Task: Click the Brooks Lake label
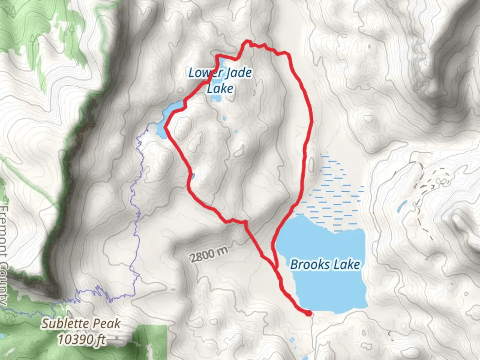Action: [x=325, y=265]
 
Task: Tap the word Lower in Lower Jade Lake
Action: [x=202, y=73]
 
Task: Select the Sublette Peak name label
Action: [x=81, y=324]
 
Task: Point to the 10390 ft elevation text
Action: [x=82, y=339]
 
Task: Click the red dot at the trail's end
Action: [x=309, y=313]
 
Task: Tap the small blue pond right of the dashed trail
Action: [x=402, y=207]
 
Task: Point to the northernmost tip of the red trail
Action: [x=247, y=41]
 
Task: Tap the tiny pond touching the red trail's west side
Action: [x=193, y=176]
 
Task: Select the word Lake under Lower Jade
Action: [x=220, y=89]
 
